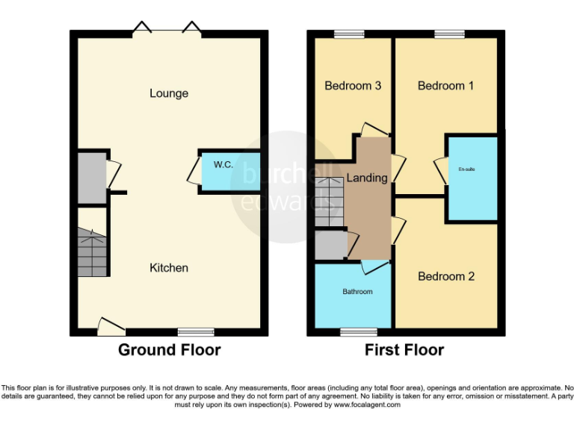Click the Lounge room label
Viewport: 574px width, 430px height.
169,93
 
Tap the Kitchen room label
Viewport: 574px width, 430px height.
169,267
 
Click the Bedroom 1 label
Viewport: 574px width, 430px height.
445,86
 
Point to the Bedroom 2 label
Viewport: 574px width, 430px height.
445,276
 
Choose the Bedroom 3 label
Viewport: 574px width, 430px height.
353,86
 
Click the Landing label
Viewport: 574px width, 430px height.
367,178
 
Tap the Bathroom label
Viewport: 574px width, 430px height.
357,291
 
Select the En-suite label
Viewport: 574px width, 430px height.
466,169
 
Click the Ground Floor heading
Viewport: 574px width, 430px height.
169,349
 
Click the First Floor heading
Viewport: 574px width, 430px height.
404,349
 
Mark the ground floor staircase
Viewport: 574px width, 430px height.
93,252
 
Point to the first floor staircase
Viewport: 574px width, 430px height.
328,202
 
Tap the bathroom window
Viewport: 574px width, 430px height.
359,331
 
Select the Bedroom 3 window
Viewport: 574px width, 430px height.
349,33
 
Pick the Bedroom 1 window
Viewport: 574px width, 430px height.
448,33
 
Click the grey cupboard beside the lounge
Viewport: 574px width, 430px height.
93,177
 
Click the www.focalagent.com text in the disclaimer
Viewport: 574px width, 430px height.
368,405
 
